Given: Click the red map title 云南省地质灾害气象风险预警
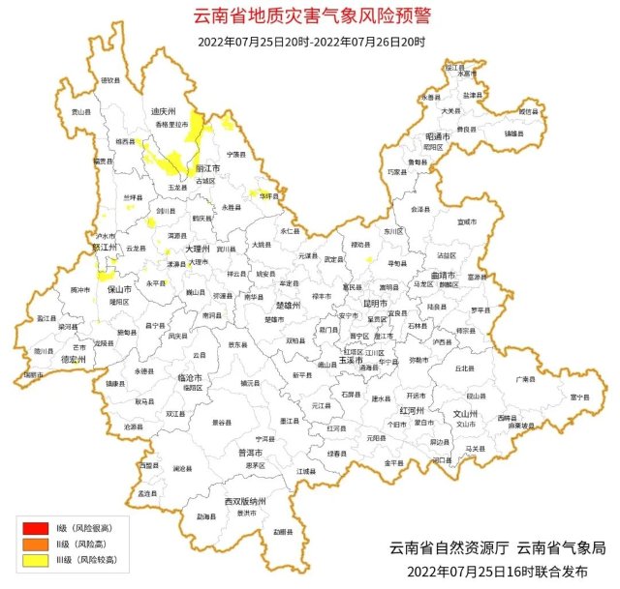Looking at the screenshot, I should pyautogui.click(x=310, y=16).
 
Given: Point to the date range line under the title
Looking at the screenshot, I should pyautogui.click(x=310, y=41).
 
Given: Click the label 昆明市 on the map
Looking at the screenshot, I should pyautogui.click(x=375, y=303).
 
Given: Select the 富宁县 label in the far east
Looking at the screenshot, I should pyautogui.click(x=579, y=397).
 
